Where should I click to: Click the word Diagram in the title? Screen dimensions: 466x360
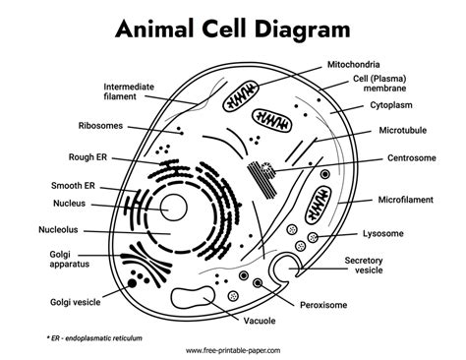pyautogui.click(x=302, y=30)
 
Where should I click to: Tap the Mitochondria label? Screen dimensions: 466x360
pyautogui.click(x=354, y=64)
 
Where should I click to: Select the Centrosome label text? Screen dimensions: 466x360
pyautogui.click(x=412, y=158)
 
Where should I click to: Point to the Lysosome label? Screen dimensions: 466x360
pyautogui.click(x=383, y=234)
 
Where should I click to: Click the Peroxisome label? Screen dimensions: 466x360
pyautogui.click(x=323, y=305)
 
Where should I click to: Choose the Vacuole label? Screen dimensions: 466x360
pyautogui.click(x=260, y=321)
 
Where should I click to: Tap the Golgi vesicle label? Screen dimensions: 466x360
pyautogui.click(x=75, y=302)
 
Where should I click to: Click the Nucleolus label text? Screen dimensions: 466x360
pyautogui.click(x=58, y=229)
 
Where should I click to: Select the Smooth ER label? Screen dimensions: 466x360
pyautogui.click(x=73, y=186)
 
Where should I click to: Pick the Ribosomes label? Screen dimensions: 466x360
pyautogui.click(x=100, y=126)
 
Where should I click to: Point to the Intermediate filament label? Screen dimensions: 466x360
pyautogui.click(x=129, y=91)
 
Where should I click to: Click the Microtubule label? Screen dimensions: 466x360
pyautogui.click(x=403, y=130)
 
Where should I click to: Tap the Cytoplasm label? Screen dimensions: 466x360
pyautogui.click(x=391, y=105)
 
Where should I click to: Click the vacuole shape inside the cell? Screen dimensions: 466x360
pyautogui.click(x=193, y=297)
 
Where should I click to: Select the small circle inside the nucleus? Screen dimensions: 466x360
pyautogui.click(x=173, y=208)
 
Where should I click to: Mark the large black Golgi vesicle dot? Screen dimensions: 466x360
pyautogui.click(x=132, y=283)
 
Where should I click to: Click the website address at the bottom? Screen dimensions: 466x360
pyautogui.click(x=233, y=350)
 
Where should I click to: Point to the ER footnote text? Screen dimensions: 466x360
pyautogui.click(x=94, y=338)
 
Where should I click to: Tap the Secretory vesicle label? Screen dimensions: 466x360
pyautogui.click(x=364, y=266)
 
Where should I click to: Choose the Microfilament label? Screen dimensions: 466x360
pyautogui.click(x=405, y=200)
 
